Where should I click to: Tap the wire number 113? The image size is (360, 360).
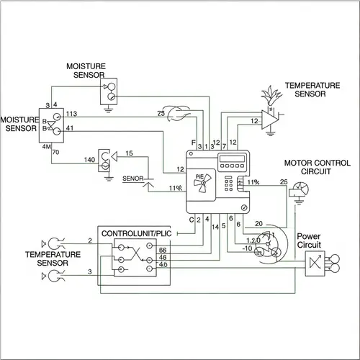pos(72,114)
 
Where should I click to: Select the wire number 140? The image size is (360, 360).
pos(90,159)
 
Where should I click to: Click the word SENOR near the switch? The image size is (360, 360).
pos(134,177)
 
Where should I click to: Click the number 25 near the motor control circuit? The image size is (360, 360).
pos(283,180)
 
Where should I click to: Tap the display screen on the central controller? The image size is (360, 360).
pos(230,159)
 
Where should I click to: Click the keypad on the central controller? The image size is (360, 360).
pos(231,184)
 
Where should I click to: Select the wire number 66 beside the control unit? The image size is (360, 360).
pos(163,249)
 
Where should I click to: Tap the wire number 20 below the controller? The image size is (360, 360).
pos(259,222)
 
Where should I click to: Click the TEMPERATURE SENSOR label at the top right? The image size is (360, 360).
pos(312,89)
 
